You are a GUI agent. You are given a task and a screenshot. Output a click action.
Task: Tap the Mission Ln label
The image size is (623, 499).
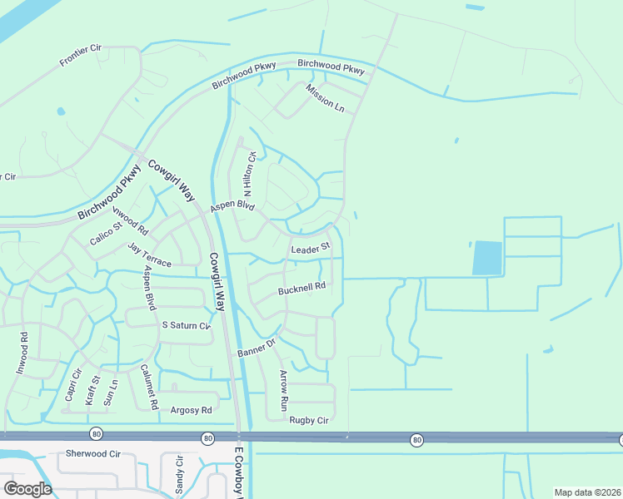pos(324,98)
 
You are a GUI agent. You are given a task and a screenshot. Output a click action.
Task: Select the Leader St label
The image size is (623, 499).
pos(311,248)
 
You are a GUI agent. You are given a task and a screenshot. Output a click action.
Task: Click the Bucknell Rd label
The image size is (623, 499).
pos(301,289)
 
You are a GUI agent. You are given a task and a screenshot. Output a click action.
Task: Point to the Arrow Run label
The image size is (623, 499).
pos(283,389)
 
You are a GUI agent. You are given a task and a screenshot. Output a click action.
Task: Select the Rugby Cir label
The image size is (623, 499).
pos(310,420)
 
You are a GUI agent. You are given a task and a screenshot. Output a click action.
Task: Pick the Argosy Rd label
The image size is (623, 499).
pos(191,410)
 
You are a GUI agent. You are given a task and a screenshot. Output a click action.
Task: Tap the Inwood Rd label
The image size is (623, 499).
pos(23,353)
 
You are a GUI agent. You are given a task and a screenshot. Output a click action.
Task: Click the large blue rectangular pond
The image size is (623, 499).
pos(487,258)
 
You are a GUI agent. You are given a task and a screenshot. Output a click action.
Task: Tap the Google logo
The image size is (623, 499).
pos(27,488)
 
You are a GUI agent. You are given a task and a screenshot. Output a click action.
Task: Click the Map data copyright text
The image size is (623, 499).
pos(586,492)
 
